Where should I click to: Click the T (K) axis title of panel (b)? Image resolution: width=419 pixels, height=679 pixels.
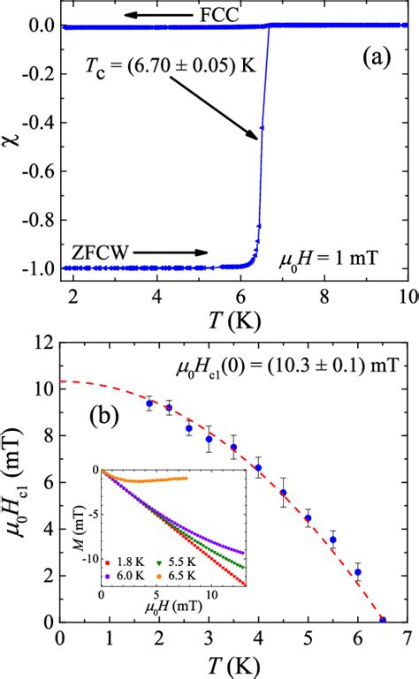click(x=235, y=667)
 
